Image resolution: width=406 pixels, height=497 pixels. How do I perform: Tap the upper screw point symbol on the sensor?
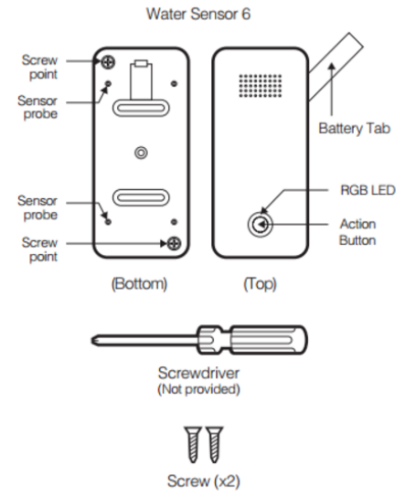(x=108, y=61)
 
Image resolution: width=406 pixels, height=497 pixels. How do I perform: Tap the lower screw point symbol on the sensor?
(x=171, y=243)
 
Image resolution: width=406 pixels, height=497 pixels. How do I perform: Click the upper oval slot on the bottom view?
(x=139, y=108)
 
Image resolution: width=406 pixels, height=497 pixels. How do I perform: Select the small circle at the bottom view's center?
(x=139, y=152)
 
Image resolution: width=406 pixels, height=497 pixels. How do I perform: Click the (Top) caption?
(x=260, y=284)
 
